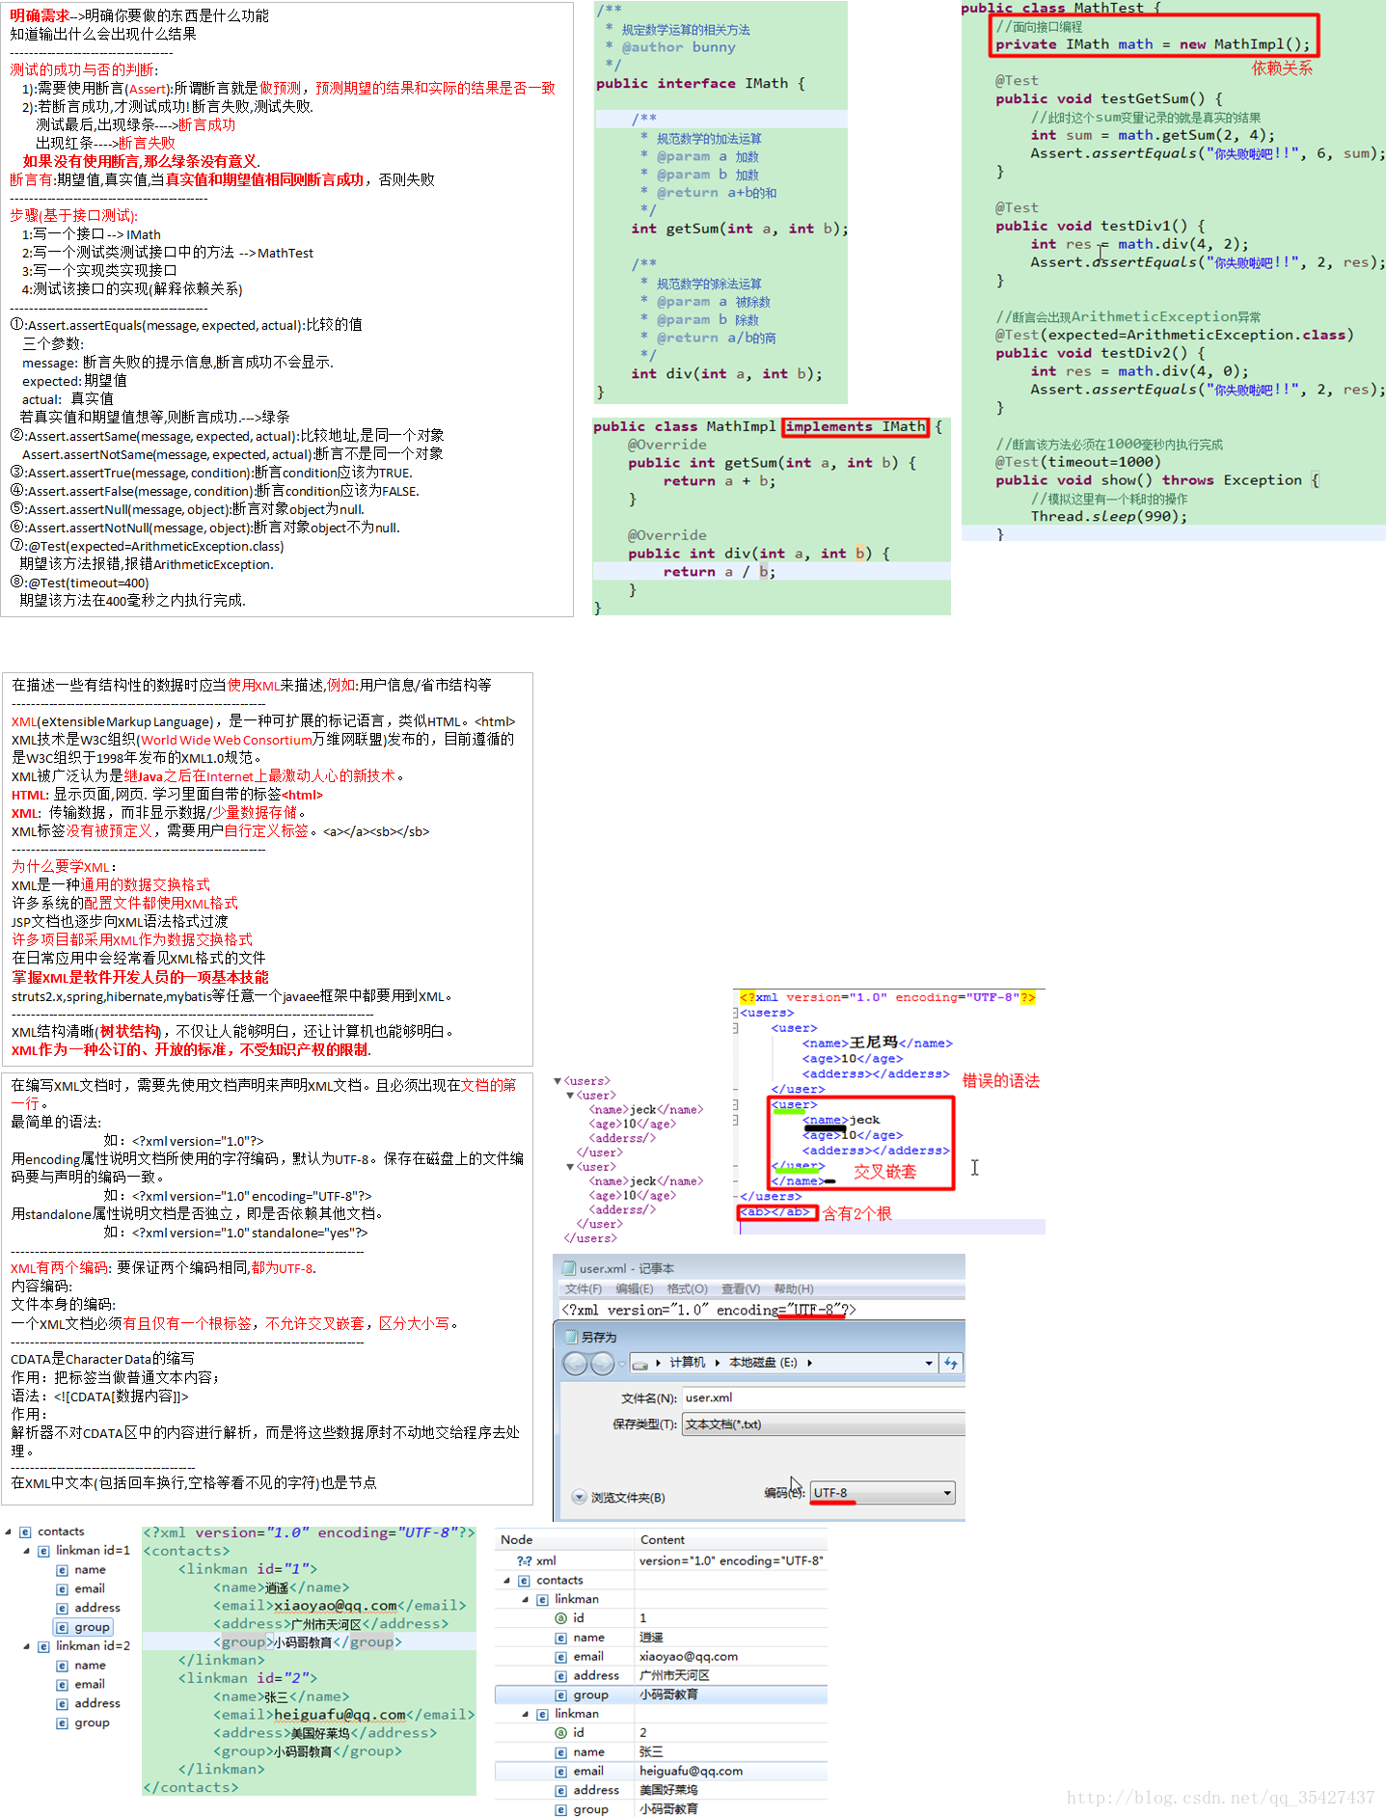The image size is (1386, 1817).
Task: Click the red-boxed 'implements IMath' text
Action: [x=856, y=426]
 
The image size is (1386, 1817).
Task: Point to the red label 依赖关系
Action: [x=1281, y=68]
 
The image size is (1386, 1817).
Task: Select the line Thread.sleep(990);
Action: [x=1108, y=517]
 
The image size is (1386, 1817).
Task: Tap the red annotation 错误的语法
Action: [x=1000, y=1081]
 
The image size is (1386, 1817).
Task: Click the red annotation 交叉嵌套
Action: [x=884, y=1172]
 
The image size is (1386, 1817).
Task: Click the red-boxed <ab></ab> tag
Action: [x=776, y=1212]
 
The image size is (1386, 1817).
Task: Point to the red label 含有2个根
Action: [x=856, y=1213]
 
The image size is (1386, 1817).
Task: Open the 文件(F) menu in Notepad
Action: [x=583, y=1288]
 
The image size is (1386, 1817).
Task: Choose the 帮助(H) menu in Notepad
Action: [x=793, y=1288]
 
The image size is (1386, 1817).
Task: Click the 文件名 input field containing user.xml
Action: [x=820, y=1397]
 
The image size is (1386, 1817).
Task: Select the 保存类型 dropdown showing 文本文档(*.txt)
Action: [x=820, y=1424]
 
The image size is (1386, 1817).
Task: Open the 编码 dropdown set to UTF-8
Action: [x=882, y=1493]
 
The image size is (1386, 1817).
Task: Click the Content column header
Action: [x=663, y=1540]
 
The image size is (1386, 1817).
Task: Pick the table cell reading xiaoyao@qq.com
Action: [x=689, y=1657]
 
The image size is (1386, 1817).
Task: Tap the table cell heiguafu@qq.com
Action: [x=691, y=1772]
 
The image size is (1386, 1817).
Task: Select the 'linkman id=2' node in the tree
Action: [x=92, y=1646]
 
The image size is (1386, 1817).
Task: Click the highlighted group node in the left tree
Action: [x=92, y=1627]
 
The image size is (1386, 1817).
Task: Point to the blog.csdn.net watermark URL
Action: [x=1219, y=1798]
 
